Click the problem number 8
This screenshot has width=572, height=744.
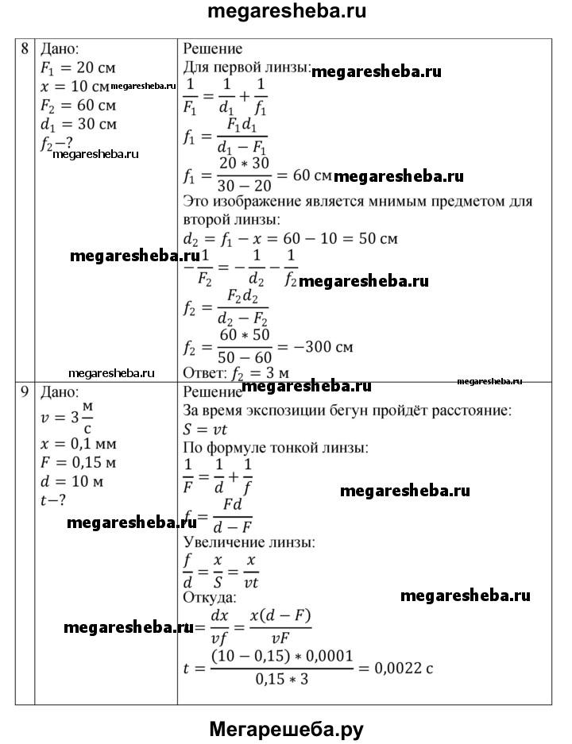point(25,48)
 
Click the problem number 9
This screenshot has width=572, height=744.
point(25,392)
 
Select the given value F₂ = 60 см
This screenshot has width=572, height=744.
point(79,106)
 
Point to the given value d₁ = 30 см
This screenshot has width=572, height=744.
point(79,125)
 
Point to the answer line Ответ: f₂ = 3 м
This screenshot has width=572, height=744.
point(235,372)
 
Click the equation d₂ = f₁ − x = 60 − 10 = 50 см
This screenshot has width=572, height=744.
point(290,238)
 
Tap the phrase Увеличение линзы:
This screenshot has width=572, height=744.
point(249,543)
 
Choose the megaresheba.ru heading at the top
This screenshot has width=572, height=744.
point(286,13)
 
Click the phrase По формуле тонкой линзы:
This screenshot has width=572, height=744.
point(275,449)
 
